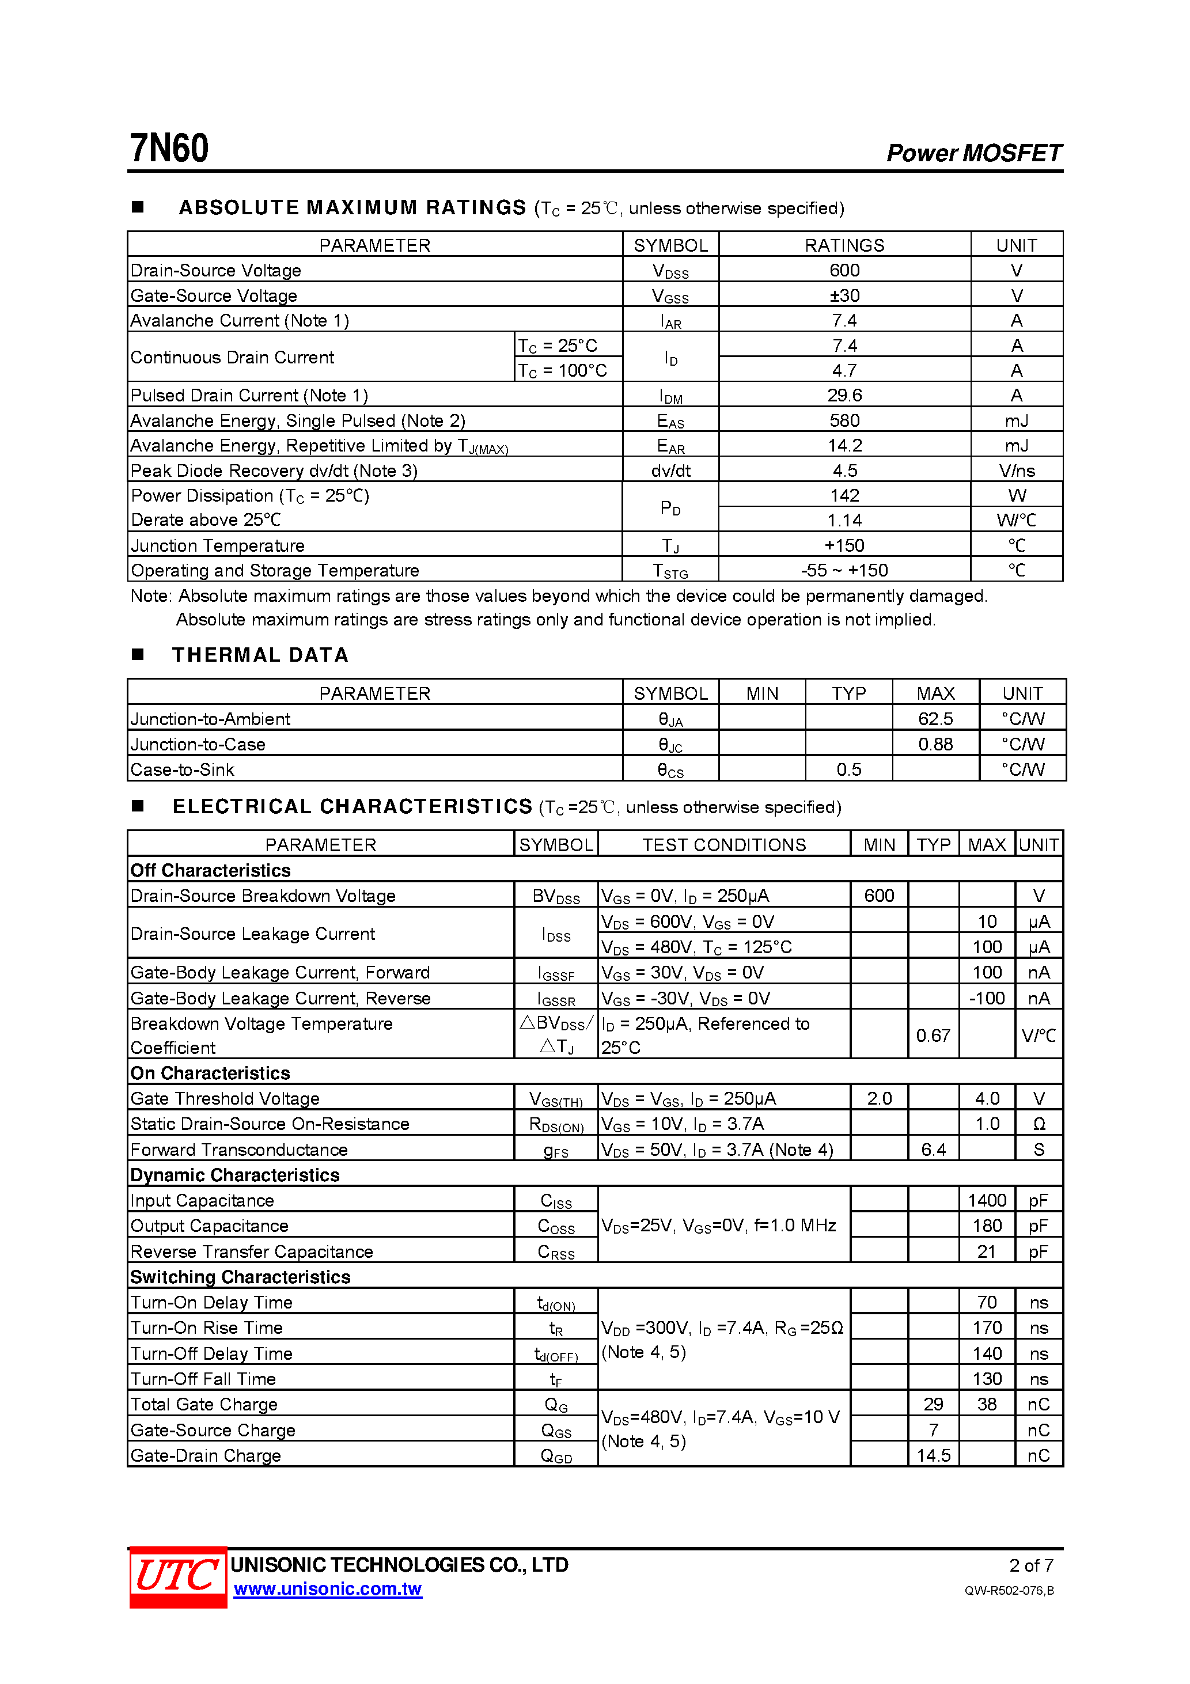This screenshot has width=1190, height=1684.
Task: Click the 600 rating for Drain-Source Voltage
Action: (x=844, y=270)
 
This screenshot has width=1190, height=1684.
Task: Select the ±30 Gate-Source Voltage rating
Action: (x=844, y=295)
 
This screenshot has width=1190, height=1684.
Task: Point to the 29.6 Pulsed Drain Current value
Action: (x=844, y=395)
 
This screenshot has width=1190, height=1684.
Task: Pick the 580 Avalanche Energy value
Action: (x=844, y=420)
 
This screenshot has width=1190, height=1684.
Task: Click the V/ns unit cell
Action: (x=1016, y=470)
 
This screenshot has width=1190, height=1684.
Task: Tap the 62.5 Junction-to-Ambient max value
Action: (x=935, y=719)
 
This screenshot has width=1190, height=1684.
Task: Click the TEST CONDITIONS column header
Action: (x=723, y=845)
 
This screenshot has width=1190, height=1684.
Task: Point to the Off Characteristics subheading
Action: (x=211, y=871)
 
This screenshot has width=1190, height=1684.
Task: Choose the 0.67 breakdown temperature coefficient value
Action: (x=933, y=1035)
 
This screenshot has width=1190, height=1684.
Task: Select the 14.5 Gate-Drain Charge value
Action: (x=933, y=1455)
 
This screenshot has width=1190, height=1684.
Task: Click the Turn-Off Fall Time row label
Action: (x=203, y=1379)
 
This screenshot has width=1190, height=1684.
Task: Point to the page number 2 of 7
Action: (x=1031, y=1565)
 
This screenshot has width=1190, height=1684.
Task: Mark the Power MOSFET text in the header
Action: (x=973, y=153)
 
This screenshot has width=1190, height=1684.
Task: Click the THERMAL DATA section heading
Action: (x=260, y=655)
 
